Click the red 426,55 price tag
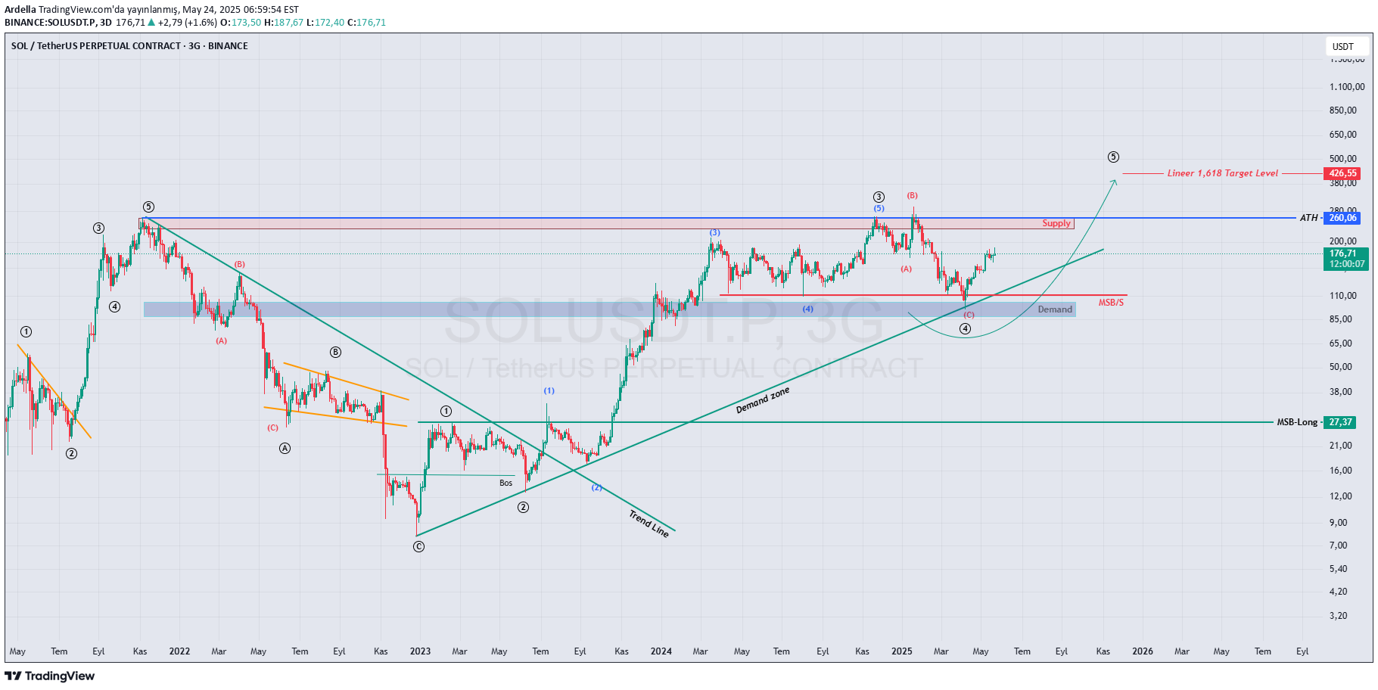[x=1343, y=173]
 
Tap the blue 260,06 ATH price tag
[x=1343, y=218]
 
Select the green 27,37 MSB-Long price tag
[x=1340, y=422]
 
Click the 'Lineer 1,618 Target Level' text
[x=1222, y=173]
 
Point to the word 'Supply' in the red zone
[x=1056, y=223]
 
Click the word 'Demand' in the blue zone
[x=1055, y=309]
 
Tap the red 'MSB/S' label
[x=1111, y=303]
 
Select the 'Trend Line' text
[x=649, y=523]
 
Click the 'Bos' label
[x=505, y=483]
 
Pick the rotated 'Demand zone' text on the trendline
[x=763, y=399]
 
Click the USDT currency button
[x=1343, y=47]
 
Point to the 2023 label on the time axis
[x=420, y=651]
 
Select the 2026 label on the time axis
[x=1142, y=651]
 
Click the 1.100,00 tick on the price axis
[x=1347, y=87]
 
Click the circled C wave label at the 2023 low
[x=419, y=546]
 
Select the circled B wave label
[x=335, y=352]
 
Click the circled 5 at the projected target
[x=1113, y=157]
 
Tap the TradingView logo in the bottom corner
[x=50, y=676]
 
